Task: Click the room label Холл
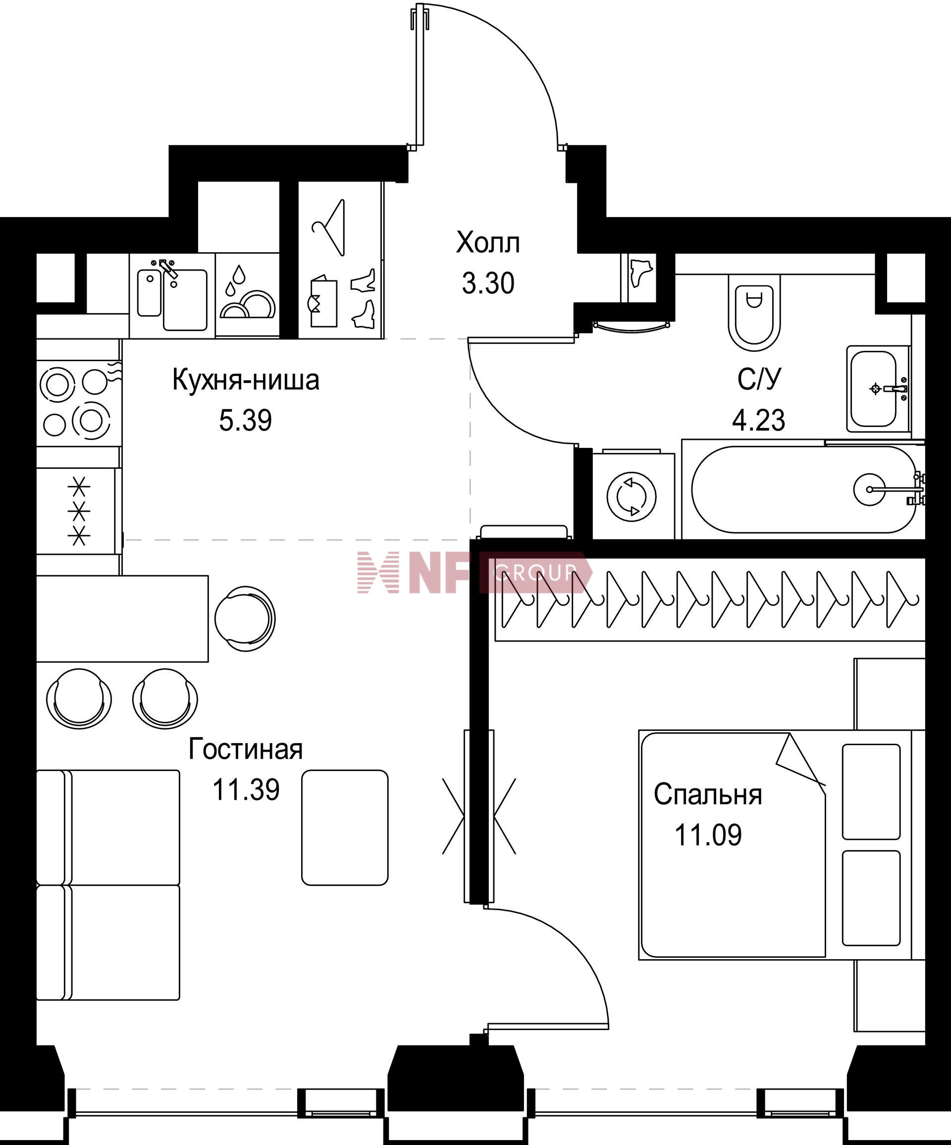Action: (x=488, y=243)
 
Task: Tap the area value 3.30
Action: (x=488, y=283)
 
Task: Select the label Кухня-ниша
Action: (x=246, y=380)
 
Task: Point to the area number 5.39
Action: (x=245, y=420)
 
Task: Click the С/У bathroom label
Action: (x=759, y=380)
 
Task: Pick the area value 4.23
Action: (x=759, y=420)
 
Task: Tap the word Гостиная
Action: (x=245, y=749)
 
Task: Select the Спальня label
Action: (x=708, y=794)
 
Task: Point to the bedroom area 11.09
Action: (x=708, y=835)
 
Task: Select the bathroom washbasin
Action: (x=877, y=389)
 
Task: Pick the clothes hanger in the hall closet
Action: (x=329, y=227)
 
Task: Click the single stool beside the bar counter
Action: (x=245, y=618)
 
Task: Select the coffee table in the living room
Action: (x=345, y=827)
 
